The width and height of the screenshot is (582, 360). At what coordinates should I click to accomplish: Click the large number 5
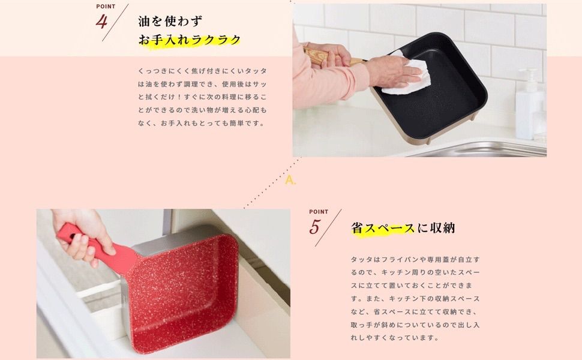pyautogui.click(x=316, y=227)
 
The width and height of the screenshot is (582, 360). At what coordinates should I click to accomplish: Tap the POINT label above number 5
pyautogui.click(x=319, y=212)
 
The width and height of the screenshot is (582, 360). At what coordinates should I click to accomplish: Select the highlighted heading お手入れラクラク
pyautogui.click(x=190, y=40)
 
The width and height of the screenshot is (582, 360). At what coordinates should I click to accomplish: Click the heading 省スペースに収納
pyautogui.click(x=403, y=228)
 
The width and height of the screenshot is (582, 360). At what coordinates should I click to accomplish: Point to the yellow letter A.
pyautogui.click(x=290, y=180)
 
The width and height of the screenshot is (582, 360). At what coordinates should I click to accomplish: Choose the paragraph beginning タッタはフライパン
pyautogui.click(x=415, y=298)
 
